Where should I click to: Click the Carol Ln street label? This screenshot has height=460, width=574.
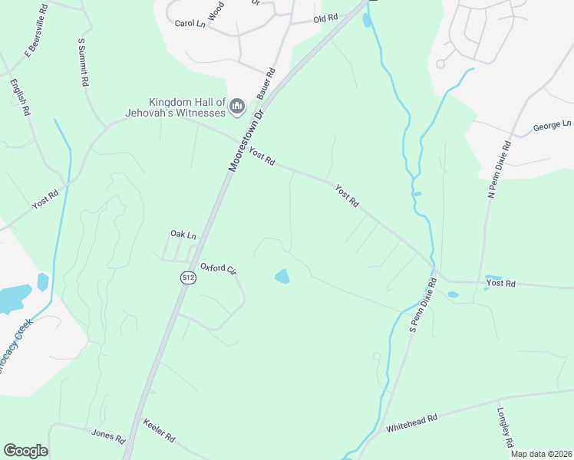click(190, 24)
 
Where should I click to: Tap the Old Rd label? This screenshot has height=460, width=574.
click(325, 18)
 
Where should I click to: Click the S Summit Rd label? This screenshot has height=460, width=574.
click(84, 61)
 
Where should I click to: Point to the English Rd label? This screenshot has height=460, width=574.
click(21, 96)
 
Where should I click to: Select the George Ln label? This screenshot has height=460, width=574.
click(553, 124)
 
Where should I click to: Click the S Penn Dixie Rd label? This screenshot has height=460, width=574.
click(423, 305)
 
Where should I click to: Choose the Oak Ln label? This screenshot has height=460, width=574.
click(183, 234)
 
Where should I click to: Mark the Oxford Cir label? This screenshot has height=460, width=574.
click(217, 269)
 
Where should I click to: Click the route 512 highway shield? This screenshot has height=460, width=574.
click(187, 278)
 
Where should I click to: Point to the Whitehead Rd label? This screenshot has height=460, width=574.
click(411, 422)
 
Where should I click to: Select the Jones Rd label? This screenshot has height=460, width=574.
click(108, 437)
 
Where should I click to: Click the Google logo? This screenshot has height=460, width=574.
click(25, 451)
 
